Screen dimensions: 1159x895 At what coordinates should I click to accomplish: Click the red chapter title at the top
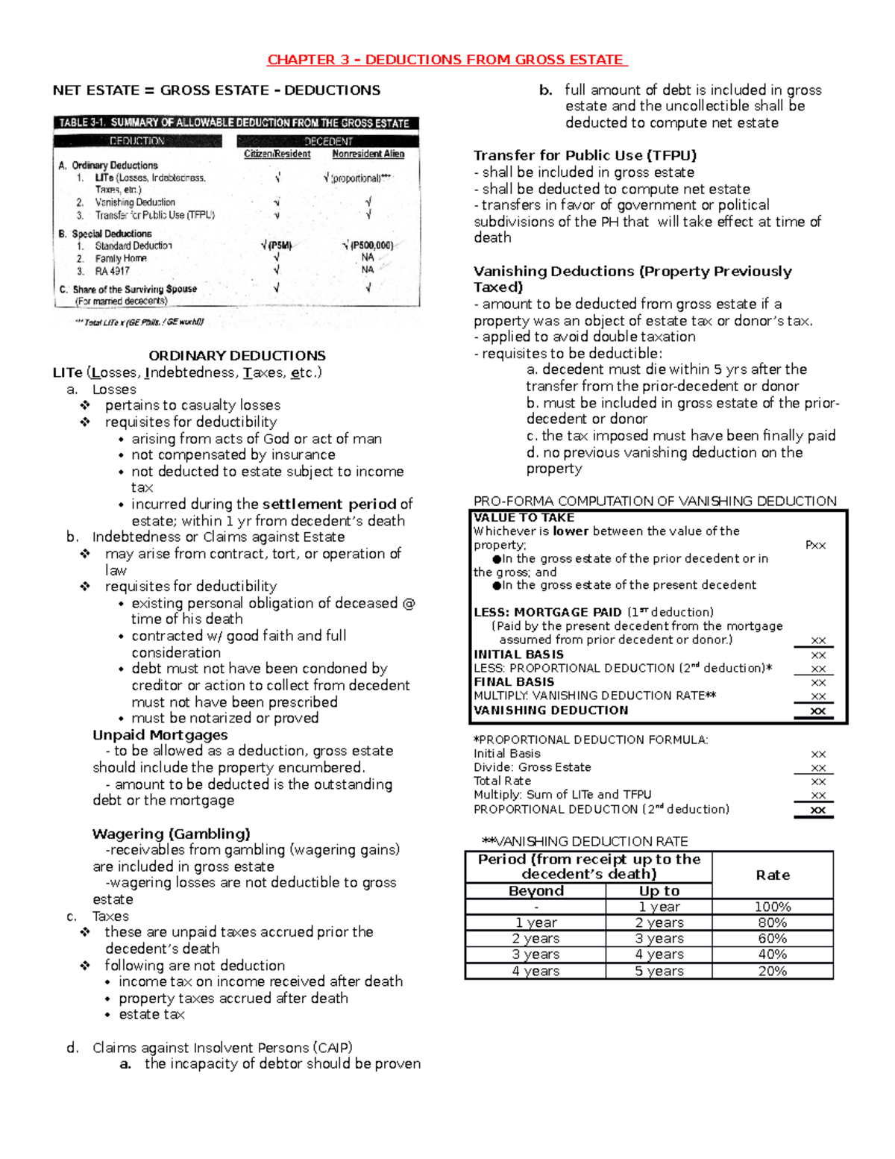pos(447,60)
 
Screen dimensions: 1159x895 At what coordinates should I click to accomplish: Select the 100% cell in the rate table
pos(772,907)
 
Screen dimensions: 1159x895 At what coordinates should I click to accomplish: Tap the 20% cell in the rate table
pos(772,971)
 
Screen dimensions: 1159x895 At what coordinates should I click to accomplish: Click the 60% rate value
pos(772,939)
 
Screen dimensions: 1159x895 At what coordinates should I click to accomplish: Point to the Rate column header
pos(772,875)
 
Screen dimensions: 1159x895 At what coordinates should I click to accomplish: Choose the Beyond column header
pos(536,891)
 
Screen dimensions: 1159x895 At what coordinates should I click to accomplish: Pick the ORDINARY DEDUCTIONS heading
pos(236,355)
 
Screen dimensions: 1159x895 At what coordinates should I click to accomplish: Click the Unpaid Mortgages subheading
pos(160,735)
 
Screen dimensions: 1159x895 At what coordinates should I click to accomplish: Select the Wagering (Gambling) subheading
pos(171,834)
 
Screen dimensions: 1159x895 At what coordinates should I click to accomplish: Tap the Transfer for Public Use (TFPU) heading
pos(585,155)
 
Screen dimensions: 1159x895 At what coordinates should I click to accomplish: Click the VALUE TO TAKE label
pos(524,518)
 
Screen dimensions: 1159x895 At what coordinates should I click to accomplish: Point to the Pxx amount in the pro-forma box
pos(815,546)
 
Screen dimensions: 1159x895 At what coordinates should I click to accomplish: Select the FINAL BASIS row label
pos(514,681)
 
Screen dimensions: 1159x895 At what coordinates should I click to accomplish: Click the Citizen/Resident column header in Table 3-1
pos(277,154)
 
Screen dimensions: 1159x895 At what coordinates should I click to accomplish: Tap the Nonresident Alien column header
pos(368,154)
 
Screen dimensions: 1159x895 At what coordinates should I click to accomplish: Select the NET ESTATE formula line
pos(216,90)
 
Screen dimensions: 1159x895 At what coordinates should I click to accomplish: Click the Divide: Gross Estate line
pos(532,767)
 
